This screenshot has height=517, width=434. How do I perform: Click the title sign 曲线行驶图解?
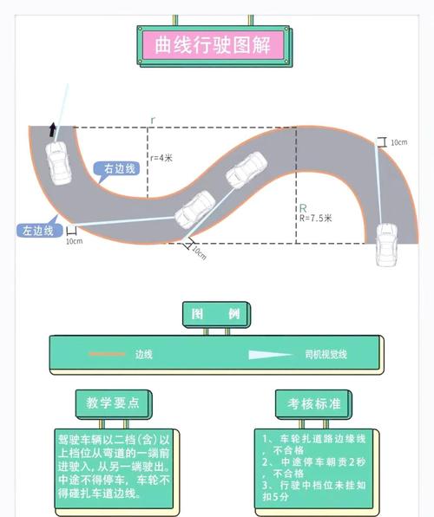click(214, 45)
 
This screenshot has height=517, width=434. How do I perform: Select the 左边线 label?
click(36, 231)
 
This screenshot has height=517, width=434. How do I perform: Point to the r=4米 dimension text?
click(161, 158)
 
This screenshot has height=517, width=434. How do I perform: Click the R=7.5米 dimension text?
click(314, 219)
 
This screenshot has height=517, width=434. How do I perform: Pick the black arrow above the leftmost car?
click(54, 130)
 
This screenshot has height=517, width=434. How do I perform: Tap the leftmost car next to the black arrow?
click(59, 162)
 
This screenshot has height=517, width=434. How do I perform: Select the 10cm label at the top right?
click(398, 141)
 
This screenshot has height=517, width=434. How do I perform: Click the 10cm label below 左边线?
click(74, 241)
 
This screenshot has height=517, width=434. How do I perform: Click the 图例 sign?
click(216, 314)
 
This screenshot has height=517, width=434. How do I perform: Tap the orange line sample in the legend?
click(108, 355)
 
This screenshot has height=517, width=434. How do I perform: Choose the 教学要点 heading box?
click(113, 402)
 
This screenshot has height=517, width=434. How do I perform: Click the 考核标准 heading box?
click(313, 403)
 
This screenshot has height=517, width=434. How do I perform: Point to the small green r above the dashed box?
click(153, 119)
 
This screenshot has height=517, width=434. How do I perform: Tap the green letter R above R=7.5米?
click(303, 208)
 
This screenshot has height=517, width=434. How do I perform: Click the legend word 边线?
click(143, 355)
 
